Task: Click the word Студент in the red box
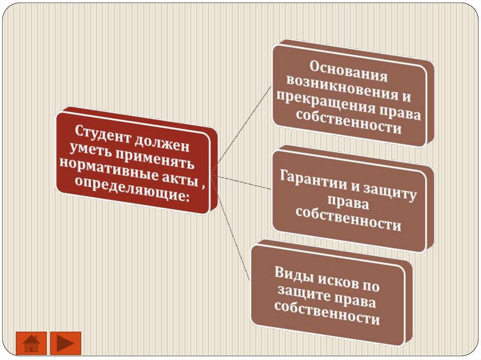pos(100,132)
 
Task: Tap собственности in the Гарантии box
pos(349,219)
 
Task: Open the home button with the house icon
pos(31,343)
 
